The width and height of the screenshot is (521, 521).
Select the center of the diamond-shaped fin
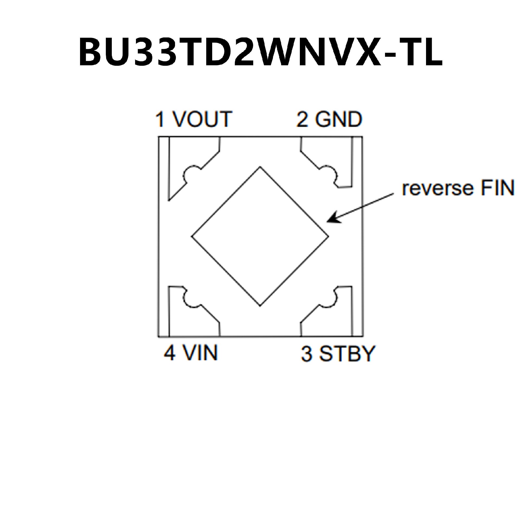click(x=260, y=236)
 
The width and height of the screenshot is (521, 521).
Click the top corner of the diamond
click(x=260, y=167)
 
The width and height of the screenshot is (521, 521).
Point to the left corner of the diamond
click(x=192, y=236)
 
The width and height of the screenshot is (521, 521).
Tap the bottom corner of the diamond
click(x=260, y=306)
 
